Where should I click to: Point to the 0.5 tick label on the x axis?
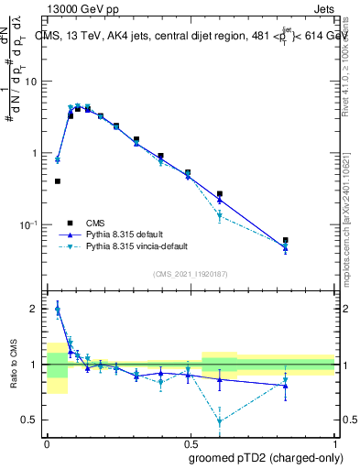click(x=191, y=442)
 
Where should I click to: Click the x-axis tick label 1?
click(x=334, y=442)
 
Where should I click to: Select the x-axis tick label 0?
click(x=47, y=442)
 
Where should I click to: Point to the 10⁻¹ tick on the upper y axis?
click(x=29, y=224)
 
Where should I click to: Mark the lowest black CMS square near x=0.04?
click(x=58, y=181)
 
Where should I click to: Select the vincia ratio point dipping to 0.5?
click(x=220, y=421)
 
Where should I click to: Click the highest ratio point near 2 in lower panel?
click(x=58, y=310)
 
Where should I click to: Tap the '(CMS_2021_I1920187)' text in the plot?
click(x=190, y=274)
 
